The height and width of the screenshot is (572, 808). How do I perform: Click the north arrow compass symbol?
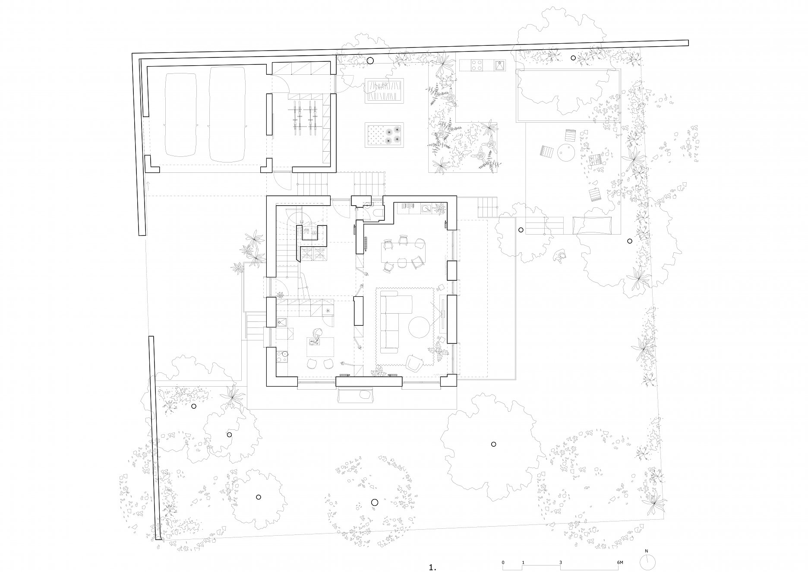pos(647,561)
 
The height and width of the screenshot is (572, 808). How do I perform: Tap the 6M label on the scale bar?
pos(620,551)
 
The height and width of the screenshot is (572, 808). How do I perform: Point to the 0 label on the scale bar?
pos(503,551)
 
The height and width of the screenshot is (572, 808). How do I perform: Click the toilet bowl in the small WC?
pos(379,212)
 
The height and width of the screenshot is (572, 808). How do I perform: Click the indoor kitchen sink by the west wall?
pos(282,322)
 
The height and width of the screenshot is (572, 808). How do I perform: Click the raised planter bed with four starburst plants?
pos(384,135)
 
